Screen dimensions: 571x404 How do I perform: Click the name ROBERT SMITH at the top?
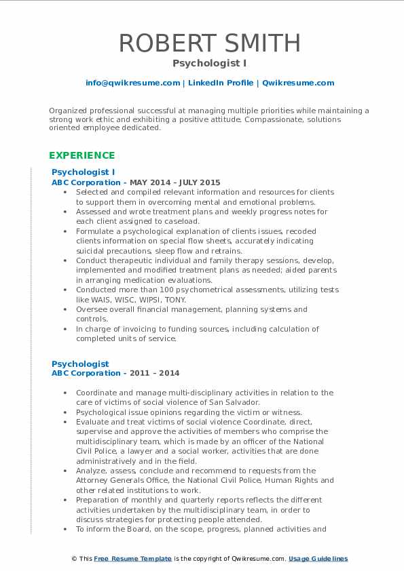210,43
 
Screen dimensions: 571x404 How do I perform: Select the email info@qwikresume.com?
132,83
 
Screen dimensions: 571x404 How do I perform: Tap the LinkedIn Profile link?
221,83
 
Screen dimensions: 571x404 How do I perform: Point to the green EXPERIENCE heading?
81,155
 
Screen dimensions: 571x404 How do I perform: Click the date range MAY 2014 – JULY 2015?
181,182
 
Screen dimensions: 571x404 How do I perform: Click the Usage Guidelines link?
318,559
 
